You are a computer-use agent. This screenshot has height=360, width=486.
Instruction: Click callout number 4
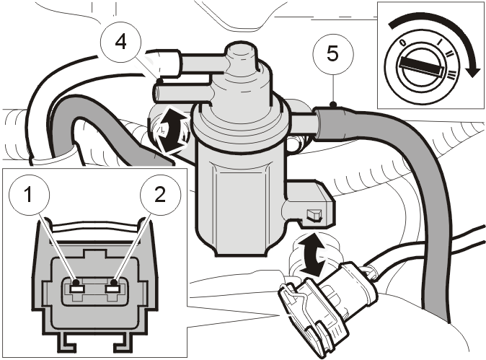[x=121, y=42]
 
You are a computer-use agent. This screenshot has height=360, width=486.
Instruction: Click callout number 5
[x=333, y=54]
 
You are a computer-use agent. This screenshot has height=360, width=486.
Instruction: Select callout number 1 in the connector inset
[x=29, y=195]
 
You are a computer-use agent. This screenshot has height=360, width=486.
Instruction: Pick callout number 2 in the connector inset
[x=160, y=195]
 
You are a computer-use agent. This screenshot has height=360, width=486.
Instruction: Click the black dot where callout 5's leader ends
[x=333, y=105]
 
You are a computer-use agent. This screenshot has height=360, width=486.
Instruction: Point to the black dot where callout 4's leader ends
[x=160, y=82]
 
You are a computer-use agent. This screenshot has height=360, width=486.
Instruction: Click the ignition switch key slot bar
[x=420, y=66]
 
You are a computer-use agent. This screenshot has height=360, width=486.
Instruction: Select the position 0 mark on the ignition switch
[x=402, y=43]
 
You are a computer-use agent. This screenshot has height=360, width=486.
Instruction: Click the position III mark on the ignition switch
[x=452, y=74]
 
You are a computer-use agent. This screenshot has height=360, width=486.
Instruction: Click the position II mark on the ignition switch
[x=449, y=54]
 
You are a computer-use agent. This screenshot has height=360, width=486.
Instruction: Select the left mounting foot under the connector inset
[x=66, y=343]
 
